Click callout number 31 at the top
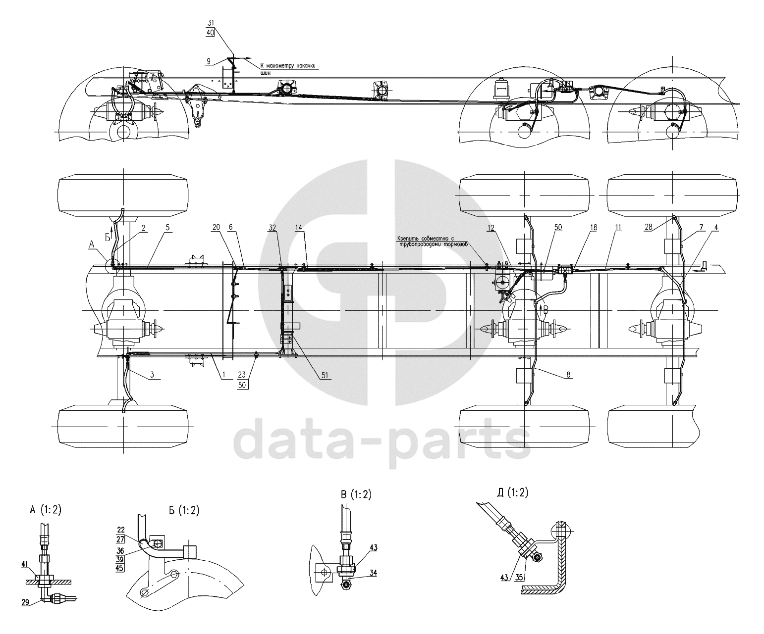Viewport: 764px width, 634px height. [x=211, y=23]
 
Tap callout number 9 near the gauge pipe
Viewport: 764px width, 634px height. [x=209, y=61]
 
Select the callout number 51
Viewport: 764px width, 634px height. [x=325, y=375]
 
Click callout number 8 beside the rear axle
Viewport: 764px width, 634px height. [x=568, y=375]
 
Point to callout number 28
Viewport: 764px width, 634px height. [x=649, y=227]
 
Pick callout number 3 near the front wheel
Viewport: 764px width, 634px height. [x=152, y=375]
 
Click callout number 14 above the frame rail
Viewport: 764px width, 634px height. [x=299, y=228]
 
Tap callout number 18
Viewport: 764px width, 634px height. [x=594, y=228]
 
